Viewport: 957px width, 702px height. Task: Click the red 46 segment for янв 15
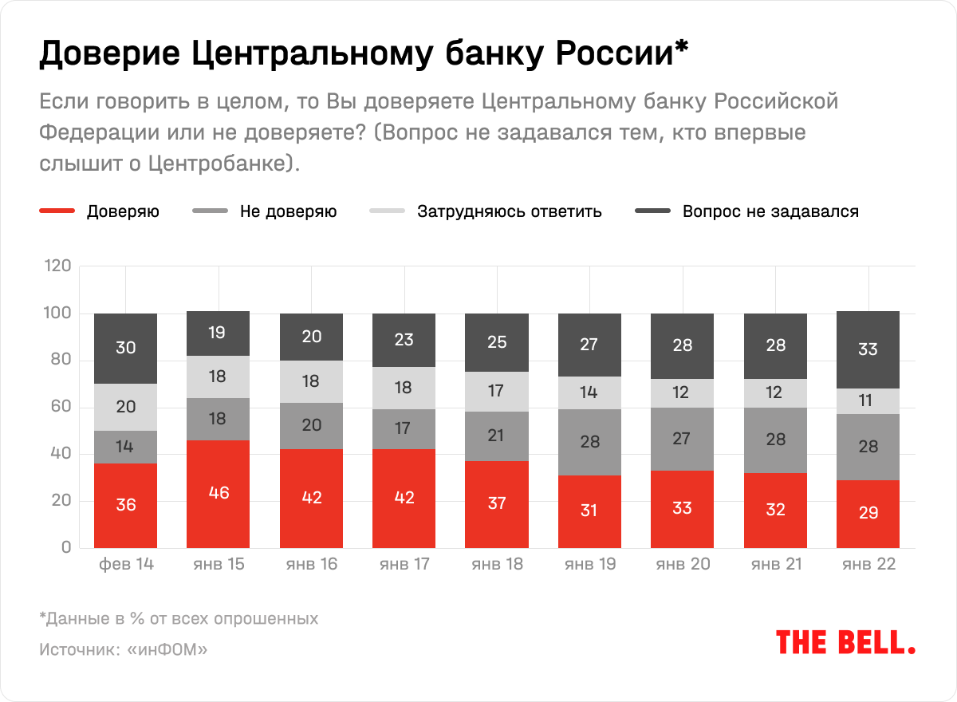click(x=218, y=493)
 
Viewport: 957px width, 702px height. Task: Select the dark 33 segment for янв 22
click(x=868, y=349)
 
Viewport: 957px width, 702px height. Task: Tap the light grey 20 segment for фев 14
click(x=125, y=408)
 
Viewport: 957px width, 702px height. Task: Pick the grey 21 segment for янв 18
click(x=497, y=436)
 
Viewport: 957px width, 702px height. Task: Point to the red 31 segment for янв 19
click(x=589, y=511)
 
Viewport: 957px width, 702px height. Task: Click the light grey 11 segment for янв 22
click(x=868, y=401)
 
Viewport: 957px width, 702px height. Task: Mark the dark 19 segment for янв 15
click(x=218, y=333)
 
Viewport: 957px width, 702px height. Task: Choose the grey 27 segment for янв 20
click(x=682, y=439)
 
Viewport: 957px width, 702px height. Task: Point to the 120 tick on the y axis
click(x=59, y=266)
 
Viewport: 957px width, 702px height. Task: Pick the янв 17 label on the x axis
click(x=404, y=564)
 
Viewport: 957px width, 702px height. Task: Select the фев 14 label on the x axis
click(x=125, y=564)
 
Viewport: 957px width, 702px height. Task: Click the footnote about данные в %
click(x=179, y=618)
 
